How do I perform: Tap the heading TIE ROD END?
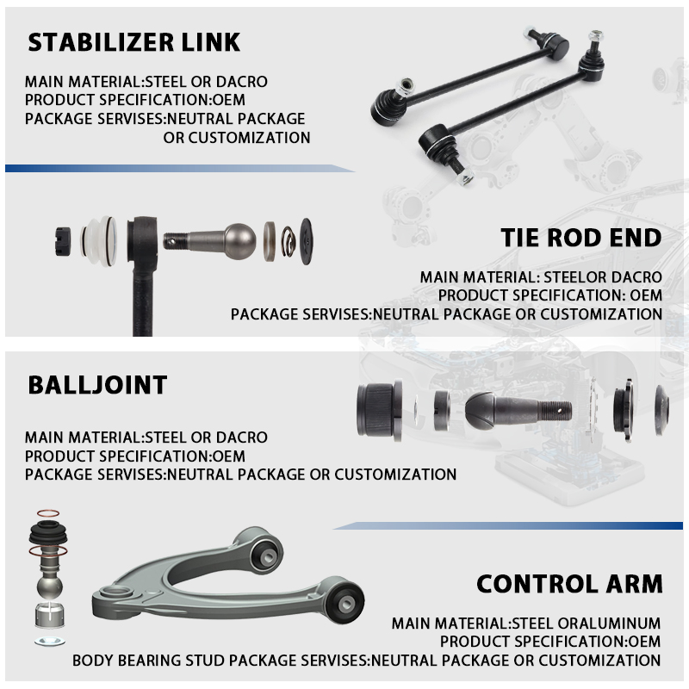pyautogui.click(x=580, y=239)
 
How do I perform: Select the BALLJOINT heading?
pyautogui.click(x=97, y=385)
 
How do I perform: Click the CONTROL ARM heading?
pyautogui.click(x=569, y=584)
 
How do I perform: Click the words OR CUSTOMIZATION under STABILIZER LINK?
pyautogui.click(x=237, y=137)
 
